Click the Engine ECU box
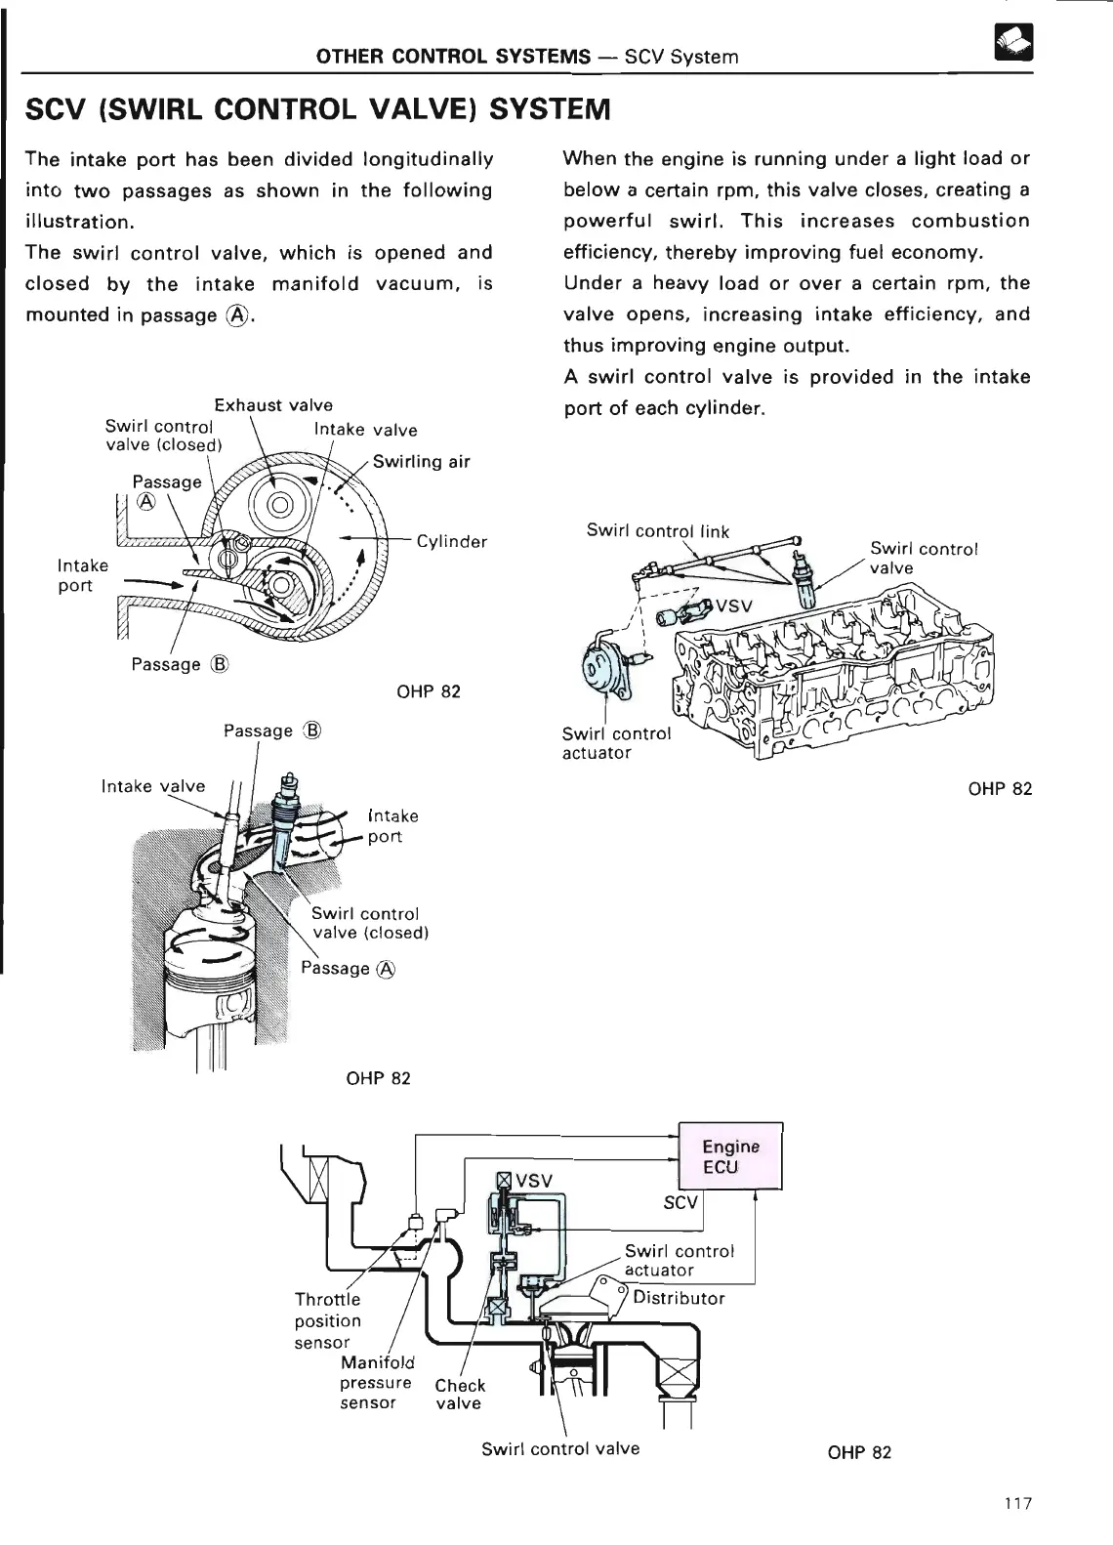pyautogui.click(x=730, y=1157)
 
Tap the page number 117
pyautogui.click(x=1016, y=1504)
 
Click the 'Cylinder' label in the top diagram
pyautogui.click(x=451, y=542)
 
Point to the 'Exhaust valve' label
pyautogui.click(x=273, y=405)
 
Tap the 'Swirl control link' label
pyautogui.click(x=657, y=531)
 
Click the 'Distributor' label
pyautogui.click(x=679, y=1298)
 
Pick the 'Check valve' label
pyautogui.click(x=459, y=1394)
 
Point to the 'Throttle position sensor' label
pyautogui.click(x=327, y=1320)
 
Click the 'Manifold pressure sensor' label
pyautogui.click(x=376, y=1382)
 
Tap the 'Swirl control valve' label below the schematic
pyautogui.click(x=560, y=1448)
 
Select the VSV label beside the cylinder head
pyautogui.click(x=733, y=605)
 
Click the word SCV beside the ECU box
pyautogui.click(x=680, y=1202)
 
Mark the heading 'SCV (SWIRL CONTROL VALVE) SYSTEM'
pyautogui.click(x=318, y=107)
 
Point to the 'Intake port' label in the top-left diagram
pyautogui.click(x=75, y=575)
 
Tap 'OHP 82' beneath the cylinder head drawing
pyautogui.click(x=1000, y=788)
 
